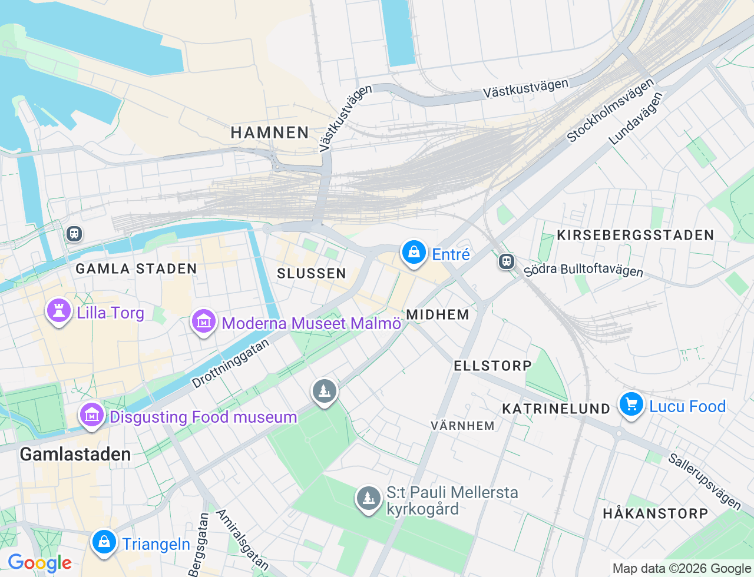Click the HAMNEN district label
coord(270,133)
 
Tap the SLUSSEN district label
coord(312,273)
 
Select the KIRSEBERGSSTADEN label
coord(635,236)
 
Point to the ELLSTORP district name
coord(492,366)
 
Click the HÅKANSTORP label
coord(655,513)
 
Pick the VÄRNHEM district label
coord(462,426)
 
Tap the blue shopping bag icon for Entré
coord(414,253)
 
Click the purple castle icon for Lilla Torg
coord(58,311)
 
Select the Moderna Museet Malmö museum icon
coord(203,322)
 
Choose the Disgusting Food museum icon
coord(91,416)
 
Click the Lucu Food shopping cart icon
coord(631,405)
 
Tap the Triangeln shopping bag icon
coord(104,542)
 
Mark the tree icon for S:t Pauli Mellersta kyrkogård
coord(369,499)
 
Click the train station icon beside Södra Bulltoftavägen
coord(507,261)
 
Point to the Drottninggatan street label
coord(230,363)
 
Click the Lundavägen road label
coord(636,118)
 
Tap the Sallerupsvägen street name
coord(705,481)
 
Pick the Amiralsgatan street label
coord(242,540)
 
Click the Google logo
coord(39,563)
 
